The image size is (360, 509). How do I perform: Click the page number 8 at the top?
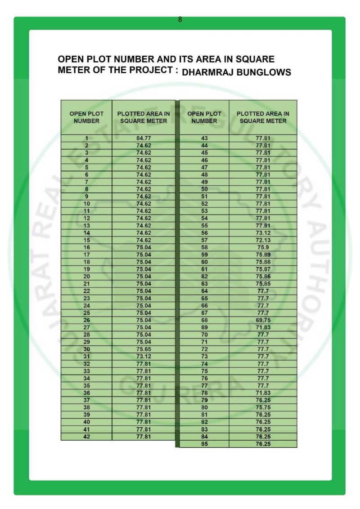pyautogui.click(x=180, y=19)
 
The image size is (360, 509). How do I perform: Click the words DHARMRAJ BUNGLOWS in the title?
pyautogui.click(x=236, y=72)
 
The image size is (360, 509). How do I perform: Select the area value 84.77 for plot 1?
pyautogui.click(x=144, y=138)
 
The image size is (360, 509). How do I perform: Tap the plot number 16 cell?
pyautogui.click(x=86, y=247)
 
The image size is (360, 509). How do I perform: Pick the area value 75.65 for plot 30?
pyautogui.click(x=144, y=349)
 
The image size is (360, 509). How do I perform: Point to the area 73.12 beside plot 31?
pyautogui.click(x=144, y=357)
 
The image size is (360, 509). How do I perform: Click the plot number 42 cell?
pyautogui.click(x=86, y=436)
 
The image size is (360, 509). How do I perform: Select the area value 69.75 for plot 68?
pyautogui.click(x=263, y=320)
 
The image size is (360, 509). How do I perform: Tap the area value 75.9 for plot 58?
pyautogui.click(x=263, y=247)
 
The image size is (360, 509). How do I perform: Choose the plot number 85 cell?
pyautogui.click(x=204, y=444)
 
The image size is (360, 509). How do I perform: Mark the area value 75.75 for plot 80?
pyautogui.click(x=263, y=407)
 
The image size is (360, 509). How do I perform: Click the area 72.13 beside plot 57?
pyautogui.click(x=263, y=240)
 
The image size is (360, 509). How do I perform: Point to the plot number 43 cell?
pyautogui.click(x=204, y=138)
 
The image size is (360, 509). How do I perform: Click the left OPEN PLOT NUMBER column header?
pyautogui.click(x=86, y=117)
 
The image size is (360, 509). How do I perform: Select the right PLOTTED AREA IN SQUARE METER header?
pyautogui.click(x=263, y=117)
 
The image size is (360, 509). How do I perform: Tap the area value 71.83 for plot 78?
pyautogui.click(x=263, y=393)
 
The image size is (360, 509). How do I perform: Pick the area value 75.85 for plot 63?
pyautogui.click(x=263, y=284)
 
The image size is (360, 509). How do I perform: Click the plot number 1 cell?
pyautogui.click(x=86, y=138)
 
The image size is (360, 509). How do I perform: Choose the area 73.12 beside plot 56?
pyautogui.click(x=263, y=233)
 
